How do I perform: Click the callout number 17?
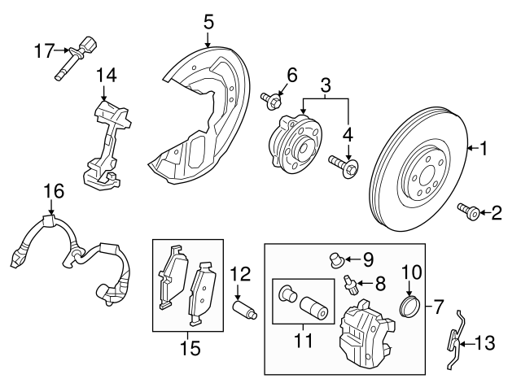point(44,50)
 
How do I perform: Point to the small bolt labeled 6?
point(269,102)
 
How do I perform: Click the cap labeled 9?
point(334,259)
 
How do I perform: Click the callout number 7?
point(440,307)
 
